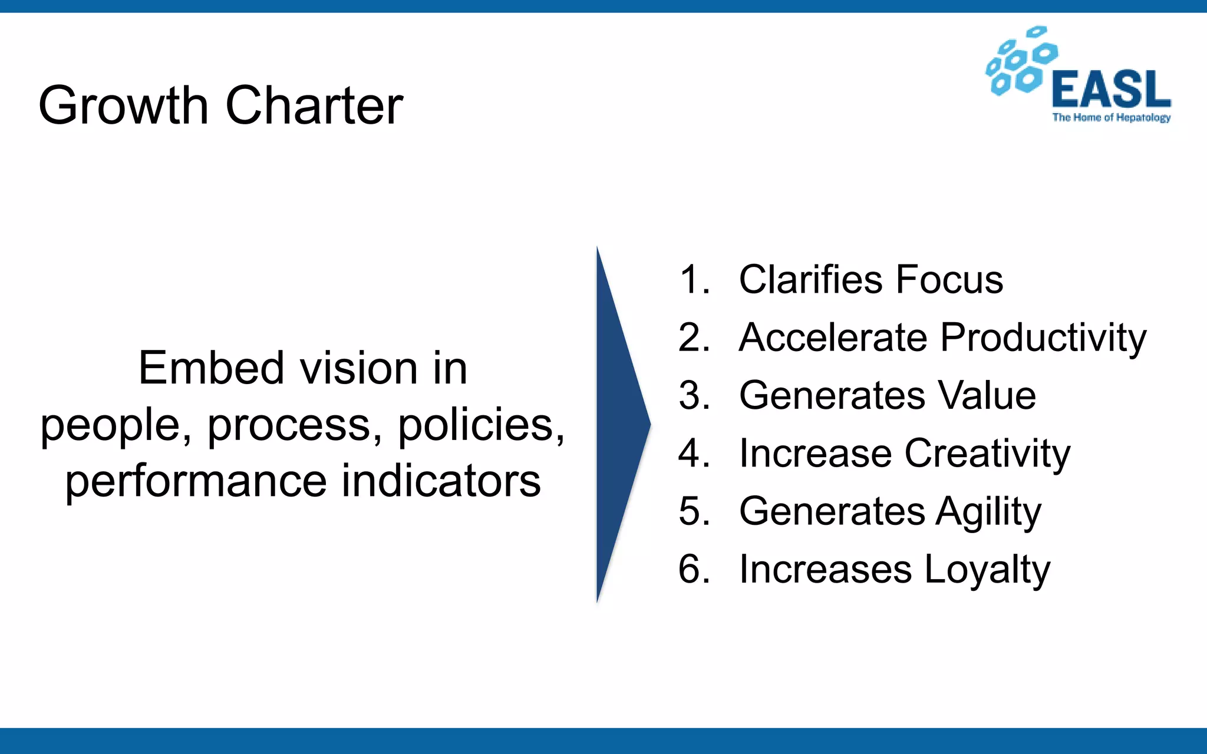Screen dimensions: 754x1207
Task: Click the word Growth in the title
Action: tap(123, 105)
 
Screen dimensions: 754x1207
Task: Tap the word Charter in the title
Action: tap(314, 105)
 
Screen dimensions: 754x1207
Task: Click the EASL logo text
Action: tap(1111, 90)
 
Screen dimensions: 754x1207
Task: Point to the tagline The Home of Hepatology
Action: tap(1111, 118)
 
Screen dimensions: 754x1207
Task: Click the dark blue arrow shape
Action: tap(619, 424)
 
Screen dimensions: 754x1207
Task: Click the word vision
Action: tap(358, 368)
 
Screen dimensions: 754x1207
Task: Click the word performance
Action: tap(196, 481)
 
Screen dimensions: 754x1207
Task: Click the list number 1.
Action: tap(694, 279)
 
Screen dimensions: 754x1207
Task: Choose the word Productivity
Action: tap(1043, 338)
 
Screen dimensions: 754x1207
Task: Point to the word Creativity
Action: tap(987, 454)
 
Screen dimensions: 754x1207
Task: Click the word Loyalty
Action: tap(987, 570)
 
